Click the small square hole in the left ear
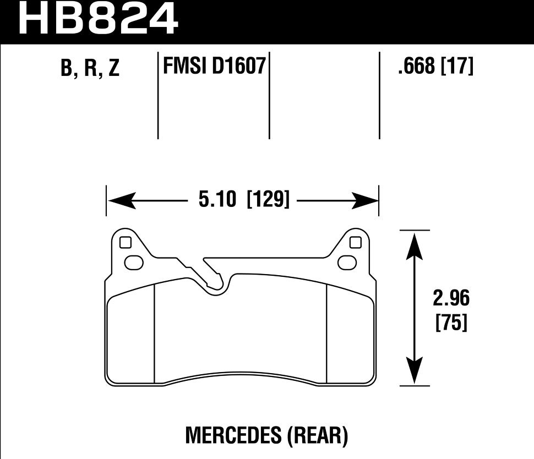tap(125, 242)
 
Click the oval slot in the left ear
tap(134, 263)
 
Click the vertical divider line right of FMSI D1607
tap(269, 96)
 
